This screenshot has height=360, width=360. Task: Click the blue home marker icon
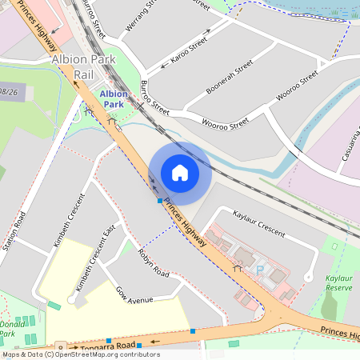coord(180,172)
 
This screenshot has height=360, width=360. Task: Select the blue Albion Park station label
coord(113,98)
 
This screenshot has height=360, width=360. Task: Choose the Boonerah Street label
coord(230,77)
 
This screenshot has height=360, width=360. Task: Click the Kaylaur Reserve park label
coord(339,282)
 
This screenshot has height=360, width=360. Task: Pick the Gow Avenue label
coord(134,295)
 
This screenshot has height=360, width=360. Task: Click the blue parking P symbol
coord(259,271)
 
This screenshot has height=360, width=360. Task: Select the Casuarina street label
coord(350,143)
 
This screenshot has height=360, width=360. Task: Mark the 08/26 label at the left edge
coord(9,91)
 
